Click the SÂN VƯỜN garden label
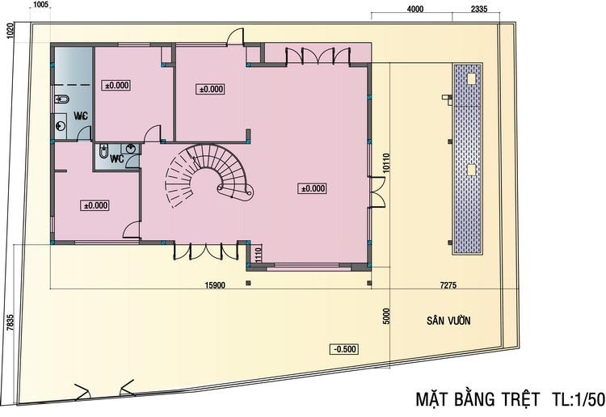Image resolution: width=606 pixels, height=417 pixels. coord(448,320)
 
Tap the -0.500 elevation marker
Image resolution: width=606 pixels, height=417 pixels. coord(344,349)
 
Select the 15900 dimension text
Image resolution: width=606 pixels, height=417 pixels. coord(215,285)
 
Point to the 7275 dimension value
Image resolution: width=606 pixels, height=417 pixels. coord(448,285)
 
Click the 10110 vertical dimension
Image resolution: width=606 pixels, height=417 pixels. coord(387,163)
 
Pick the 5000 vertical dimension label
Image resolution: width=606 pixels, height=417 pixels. coord(387,316)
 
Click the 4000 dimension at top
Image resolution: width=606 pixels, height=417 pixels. coord(415,9)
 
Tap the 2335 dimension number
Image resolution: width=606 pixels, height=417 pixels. coord(479,9)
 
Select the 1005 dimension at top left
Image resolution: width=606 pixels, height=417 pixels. coord(40,5)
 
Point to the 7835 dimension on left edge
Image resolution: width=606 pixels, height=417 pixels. coord(11,322)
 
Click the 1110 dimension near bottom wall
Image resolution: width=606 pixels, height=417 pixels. coord(259,255)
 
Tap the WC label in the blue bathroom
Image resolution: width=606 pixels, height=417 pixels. coord(81,116)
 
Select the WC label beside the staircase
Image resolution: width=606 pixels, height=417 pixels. coord(116,159)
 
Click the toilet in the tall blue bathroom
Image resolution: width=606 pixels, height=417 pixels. coord(61,99)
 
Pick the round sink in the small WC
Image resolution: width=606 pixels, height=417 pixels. coord(131,149)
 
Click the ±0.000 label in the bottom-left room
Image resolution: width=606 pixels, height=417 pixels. coord(95,205)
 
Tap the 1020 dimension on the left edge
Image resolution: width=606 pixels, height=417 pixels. coord(11,30)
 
